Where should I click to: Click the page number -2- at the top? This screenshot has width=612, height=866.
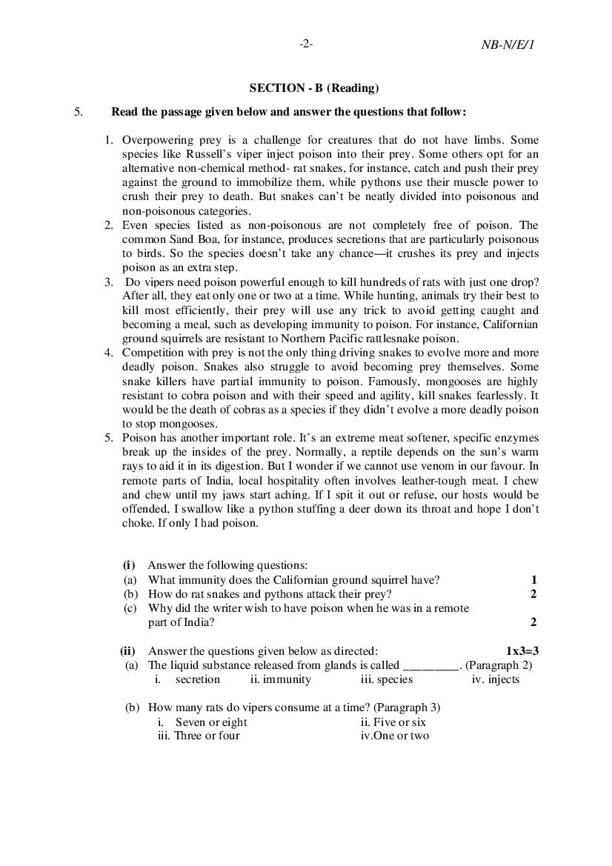click(x=306, y=44)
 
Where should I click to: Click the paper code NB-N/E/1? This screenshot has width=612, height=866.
click(x=508, y=44)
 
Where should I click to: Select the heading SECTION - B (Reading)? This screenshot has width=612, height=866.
click(x=313, y=88)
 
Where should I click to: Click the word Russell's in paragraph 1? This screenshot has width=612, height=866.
click(x=215, y=154)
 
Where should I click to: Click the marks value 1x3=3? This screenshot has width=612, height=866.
click(x=522, y=651)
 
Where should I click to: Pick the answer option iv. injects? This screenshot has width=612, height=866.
click(x=495, y=679)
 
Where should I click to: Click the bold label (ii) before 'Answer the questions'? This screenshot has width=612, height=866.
click(x=127, y=651)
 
